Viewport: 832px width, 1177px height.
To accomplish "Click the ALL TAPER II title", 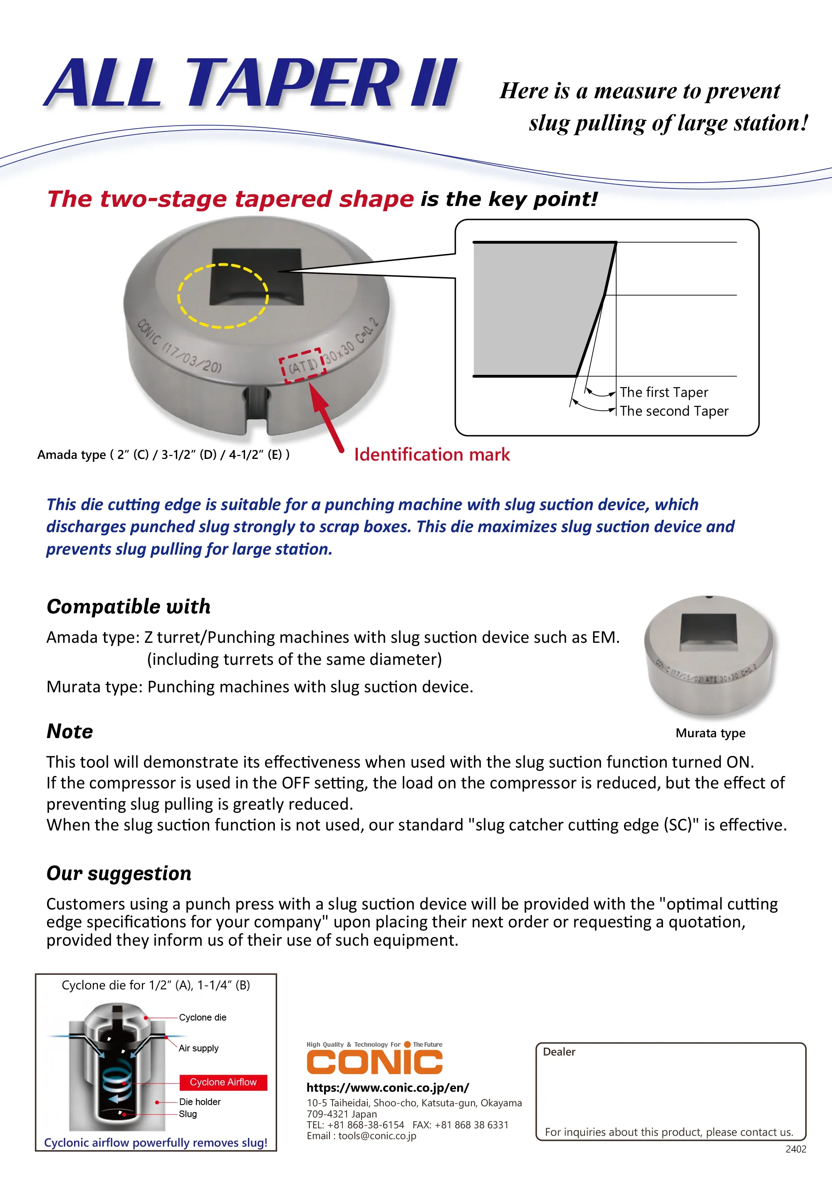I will [251, 83].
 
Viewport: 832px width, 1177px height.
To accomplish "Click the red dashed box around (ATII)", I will [303, 366].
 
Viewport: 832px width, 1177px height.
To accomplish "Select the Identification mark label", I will [432, 455].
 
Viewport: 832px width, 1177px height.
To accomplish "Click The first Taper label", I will [664, 392].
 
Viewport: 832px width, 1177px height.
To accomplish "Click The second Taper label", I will [674, 411].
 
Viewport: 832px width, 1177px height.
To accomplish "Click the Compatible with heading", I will [128, 607].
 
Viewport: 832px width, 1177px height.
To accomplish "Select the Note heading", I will [70, 731].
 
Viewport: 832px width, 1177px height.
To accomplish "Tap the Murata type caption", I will [710, 733].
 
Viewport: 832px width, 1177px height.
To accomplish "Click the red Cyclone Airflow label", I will [223, 1082].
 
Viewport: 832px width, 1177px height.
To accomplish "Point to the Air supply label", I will [198, 1048].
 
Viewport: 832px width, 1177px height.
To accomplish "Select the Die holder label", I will [199, 1102].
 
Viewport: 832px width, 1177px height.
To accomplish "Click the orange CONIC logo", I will [374, 1062].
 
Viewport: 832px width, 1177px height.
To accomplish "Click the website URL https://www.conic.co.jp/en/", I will [388, 1088].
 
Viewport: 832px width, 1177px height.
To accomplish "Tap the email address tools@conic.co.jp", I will [377, 1135].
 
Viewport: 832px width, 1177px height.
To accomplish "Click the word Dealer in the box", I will [559, 1052].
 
